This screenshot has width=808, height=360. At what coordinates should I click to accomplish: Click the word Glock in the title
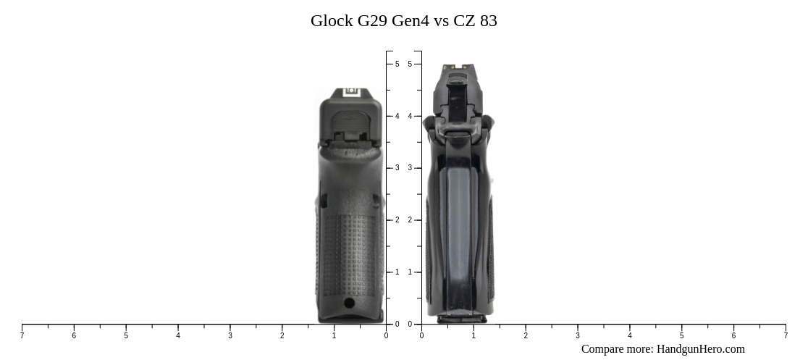pyautogui.click(x=332, y=21)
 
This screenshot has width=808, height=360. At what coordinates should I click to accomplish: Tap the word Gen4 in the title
pyautogui.click(x=411, y=21)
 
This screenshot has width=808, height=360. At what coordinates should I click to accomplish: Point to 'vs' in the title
pyautogui.click(x=441, y=21)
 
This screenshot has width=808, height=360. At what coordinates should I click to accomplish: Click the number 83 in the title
pyautogui.click(x=488, y=21)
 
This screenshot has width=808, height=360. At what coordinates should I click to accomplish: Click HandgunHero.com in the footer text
pyautogui.click(x=700, y=349)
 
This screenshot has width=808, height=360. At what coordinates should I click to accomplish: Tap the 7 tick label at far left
pyautogui.click(x=22, y=335)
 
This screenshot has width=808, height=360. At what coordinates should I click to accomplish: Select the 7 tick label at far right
pyautogui.click(x=786, y=335)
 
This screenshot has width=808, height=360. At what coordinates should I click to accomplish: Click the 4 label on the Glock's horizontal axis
pyautogui.click(x=178, y=335)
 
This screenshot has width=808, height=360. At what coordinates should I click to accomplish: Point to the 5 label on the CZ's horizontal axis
pyautogui.click(x=681, y=335)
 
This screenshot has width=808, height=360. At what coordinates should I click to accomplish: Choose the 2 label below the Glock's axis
pyautogui.click(x=282, y=335)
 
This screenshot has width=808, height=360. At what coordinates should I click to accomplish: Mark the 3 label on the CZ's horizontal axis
pyautogui.click(x=578, y=335)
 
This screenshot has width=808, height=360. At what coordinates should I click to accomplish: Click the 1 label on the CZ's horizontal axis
pyautogui.click(x=474, y=335)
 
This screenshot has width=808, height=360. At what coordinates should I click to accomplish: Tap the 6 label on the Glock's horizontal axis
pyautogui.click(x=74, y=335)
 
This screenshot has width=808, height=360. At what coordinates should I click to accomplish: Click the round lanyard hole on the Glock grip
pyautogui.click(x=349, y=302)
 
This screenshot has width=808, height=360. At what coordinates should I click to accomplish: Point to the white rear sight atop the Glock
pyautogui.click(x=351, y=92)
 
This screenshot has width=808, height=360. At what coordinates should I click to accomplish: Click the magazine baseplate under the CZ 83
pyautogui.click(x=456, y=318)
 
